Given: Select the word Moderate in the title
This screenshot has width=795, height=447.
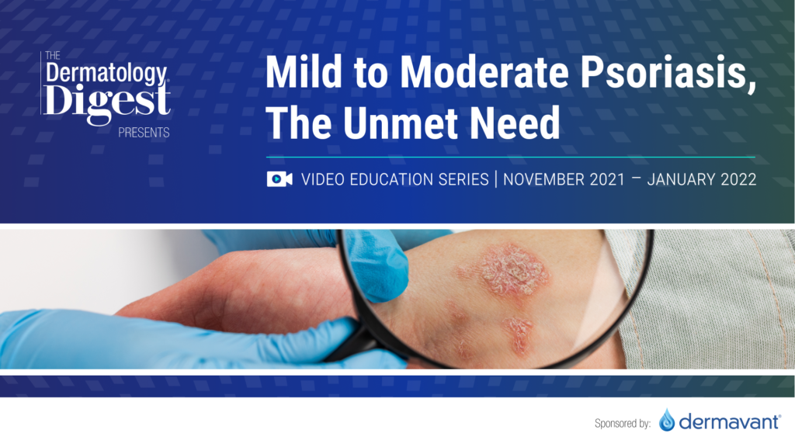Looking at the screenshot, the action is tap(484, 72).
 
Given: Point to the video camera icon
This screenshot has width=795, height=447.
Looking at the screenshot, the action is tap(279, 179).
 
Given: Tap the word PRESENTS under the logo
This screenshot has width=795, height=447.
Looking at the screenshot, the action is tap(144, 133).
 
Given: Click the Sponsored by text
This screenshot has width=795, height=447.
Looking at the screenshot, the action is tap(623, 423).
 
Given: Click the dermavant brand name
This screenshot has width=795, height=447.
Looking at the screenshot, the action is tap(729, 421).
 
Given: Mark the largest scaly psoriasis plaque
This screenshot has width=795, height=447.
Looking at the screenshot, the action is tap(513, 270).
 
